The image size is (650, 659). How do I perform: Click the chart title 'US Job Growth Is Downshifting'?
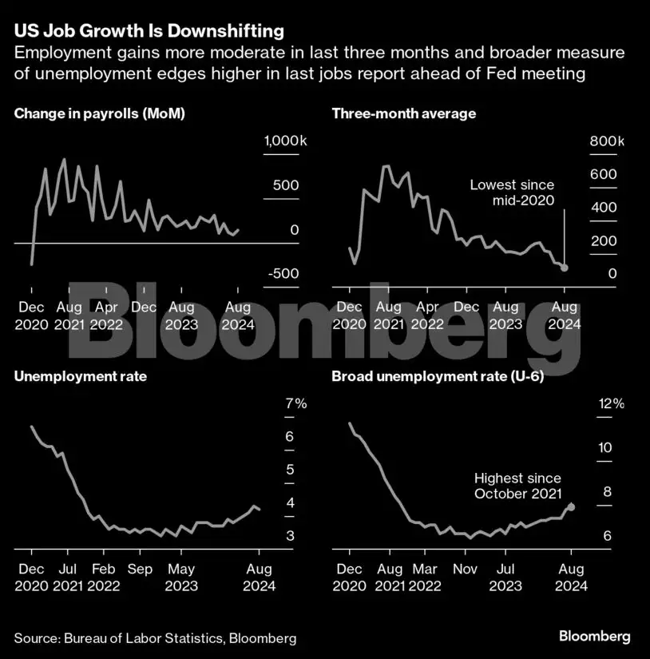(x=149, y=31)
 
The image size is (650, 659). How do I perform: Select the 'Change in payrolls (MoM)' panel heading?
(x=99, y=113)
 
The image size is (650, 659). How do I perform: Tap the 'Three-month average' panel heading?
(x=403, y=113)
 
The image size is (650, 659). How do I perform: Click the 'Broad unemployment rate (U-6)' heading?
(x=438, y=376)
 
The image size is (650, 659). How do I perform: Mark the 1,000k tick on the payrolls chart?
(x=285, y=141)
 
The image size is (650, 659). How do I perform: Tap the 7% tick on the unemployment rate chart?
(x=295, y=403)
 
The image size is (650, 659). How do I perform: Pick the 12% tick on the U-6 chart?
(x=611, y=403)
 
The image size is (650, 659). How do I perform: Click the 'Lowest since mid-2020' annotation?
(x=512, y=193)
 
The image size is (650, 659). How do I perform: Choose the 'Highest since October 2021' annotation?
(x=517, y=486)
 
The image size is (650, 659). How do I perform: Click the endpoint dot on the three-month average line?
(x=565, y=268)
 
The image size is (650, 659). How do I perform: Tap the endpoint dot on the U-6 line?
(x=570, y=506)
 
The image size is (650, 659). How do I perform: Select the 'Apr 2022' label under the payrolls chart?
(x=107, y=316)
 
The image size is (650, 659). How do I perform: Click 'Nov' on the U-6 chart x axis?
(x=465, y=569)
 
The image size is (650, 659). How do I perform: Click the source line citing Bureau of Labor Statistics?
(x=155, y=637)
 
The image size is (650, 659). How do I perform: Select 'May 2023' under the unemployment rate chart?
(x=180, y=578)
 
